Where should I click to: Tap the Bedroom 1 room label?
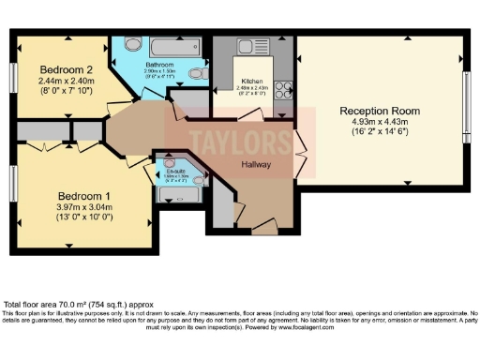point(82,195)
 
